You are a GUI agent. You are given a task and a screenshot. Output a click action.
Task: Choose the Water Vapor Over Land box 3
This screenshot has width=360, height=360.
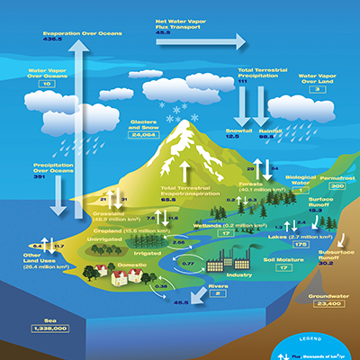317,90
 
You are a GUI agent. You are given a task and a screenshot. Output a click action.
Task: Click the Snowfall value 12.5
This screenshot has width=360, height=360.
238,137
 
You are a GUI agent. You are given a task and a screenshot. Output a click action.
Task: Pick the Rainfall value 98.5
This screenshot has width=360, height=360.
270,137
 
